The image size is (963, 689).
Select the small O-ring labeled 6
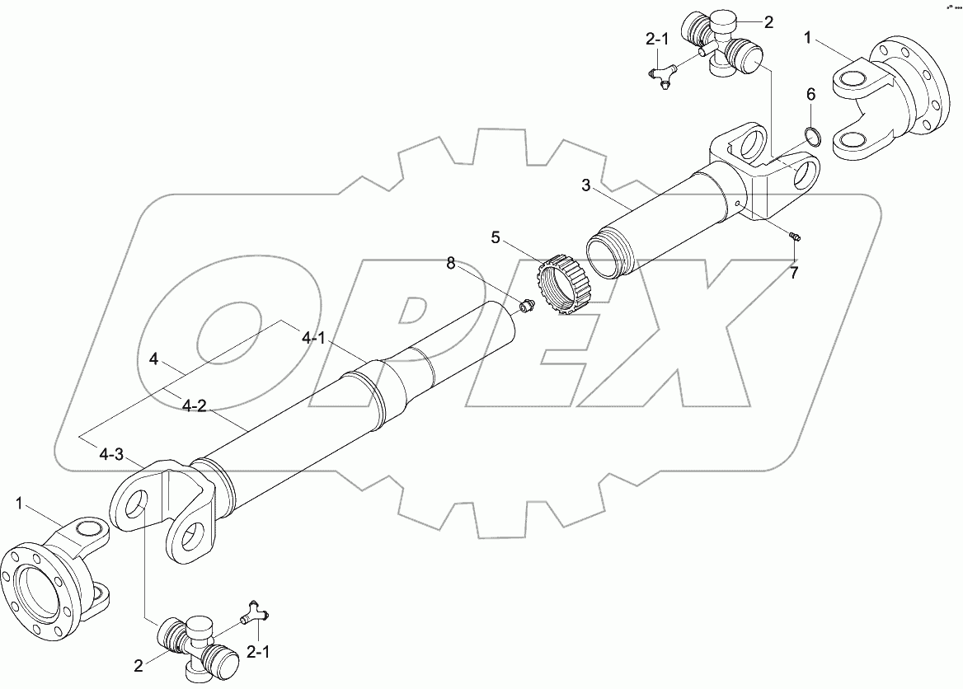[812, 136]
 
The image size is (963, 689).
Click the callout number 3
[586, 185]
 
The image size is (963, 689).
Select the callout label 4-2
[194, 406]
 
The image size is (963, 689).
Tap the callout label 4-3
[111, 454]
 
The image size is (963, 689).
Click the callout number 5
[495, 237]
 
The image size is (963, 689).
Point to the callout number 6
[810, 95]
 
